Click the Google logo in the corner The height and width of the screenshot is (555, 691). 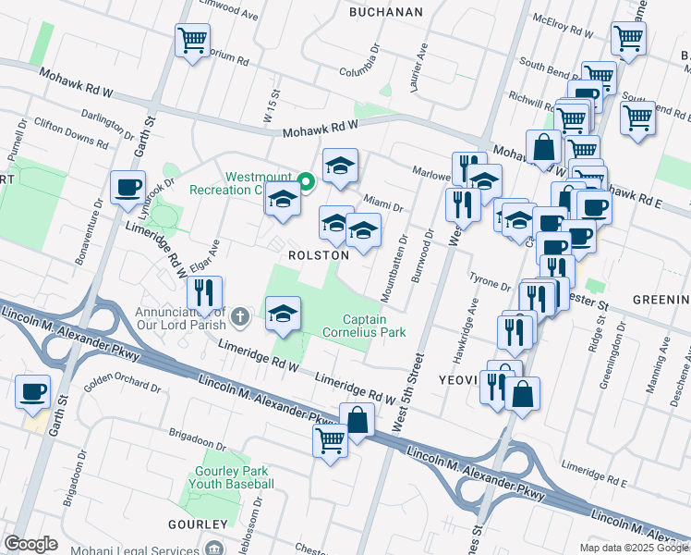(30, 544)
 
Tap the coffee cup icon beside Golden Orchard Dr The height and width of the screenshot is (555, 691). (33, 391)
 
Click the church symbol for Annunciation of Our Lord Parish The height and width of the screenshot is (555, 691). (240, 318)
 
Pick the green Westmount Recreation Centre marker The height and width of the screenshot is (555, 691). (304, 179)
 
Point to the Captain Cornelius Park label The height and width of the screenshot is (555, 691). (365, 326)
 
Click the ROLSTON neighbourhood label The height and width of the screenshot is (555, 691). (318, 254)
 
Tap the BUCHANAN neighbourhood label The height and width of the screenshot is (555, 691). (386, 12)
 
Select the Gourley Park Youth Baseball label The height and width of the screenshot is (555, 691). (235, 477)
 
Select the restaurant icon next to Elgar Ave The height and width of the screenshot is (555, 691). (204, 293)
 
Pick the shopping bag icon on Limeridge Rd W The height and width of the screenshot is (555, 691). (357, 421)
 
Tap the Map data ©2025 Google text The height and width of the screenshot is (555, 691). (635, 548)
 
